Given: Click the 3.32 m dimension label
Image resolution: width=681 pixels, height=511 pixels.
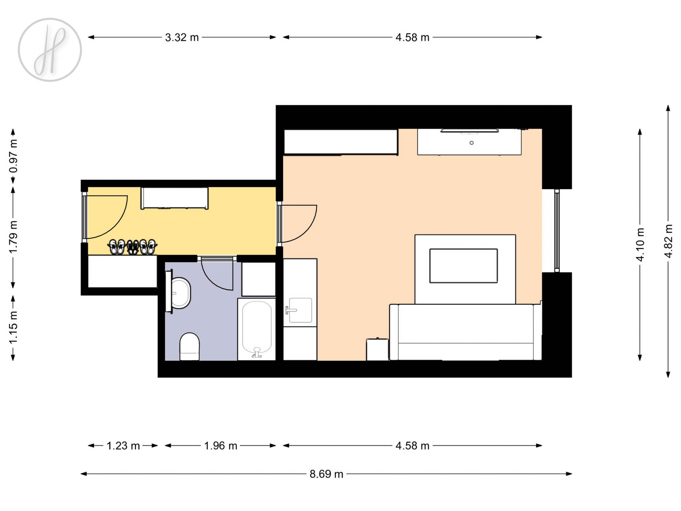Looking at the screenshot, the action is pyautogui.click(x=182, y=37).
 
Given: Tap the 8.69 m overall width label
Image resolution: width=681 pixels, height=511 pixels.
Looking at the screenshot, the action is pyautogui.click(x=326, y=474).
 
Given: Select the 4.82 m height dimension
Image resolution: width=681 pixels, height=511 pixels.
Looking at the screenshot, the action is pyautogui.click(x=668, y=241).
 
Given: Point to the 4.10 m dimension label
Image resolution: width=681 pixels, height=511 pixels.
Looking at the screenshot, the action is pyautogui.click(x=640, y=245).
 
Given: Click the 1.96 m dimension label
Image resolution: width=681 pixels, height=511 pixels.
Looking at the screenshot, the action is pyautogui.click(x=221, y=446).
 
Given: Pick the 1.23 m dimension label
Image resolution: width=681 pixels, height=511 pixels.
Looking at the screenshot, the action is pyautogui.click(x=123, y=446).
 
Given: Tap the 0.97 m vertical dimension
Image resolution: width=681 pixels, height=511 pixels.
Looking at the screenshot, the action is pyautogui.click(x=13, y=156).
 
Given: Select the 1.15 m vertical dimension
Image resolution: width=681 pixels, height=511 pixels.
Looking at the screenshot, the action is pyautogui.click(x=13, y=327).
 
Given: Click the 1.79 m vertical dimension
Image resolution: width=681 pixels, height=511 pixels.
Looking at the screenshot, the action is pyautogui.click(x=13, y=237).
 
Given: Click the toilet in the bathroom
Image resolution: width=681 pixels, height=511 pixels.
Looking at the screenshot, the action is pyautogui.click(x=189, y=346).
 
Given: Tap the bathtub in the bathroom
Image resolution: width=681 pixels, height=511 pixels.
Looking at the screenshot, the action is pyautogui.click(x=257, y=329).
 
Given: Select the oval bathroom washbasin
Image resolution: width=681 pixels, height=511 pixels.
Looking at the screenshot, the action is pyautogui.click(x=180, y=293).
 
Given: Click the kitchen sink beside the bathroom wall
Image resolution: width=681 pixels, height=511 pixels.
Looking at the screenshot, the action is pyautogui.click(x=300, y=310).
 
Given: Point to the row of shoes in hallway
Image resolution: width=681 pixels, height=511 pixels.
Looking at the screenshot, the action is pyautogui.click(x=132, y=247).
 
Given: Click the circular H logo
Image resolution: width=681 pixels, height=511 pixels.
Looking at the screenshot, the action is pyautogui.click(x=50, y=50).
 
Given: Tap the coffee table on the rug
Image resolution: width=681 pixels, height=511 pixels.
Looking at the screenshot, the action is pyautogui.click(x=463, y=266).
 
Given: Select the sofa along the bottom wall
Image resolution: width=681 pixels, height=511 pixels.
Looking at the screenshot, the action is pyautogui.click(x=465, y=332).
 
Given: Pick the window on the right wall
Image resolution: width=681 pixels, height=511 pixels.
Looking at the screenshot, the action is pyautogui.click(x=557, y=231).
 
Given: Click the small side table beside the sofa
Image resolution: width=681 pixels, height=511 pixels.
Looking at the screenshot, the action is pyautogui.click(x=377, y=349).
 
